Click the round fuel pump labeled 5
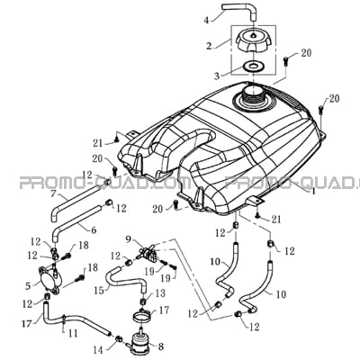coord(49,277)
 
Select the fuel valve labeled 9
coord(147,251)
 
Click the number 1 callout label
coord(314,191)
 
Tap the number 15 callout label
coord(98,290)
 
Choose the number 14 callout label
coord(98,350)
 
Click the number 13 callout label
coord(160,293)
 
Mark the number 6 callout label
coord(94,230)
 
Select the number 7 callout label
coord(54,193)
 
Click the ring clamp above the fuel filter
coord(142,314)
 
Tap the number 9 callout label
coord(129,239)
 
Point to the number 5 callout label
coord(28,286)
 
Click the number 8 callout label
coord(161,347)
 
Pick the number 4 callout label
coord(206,20)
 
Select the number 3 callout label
coord(217,76)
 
